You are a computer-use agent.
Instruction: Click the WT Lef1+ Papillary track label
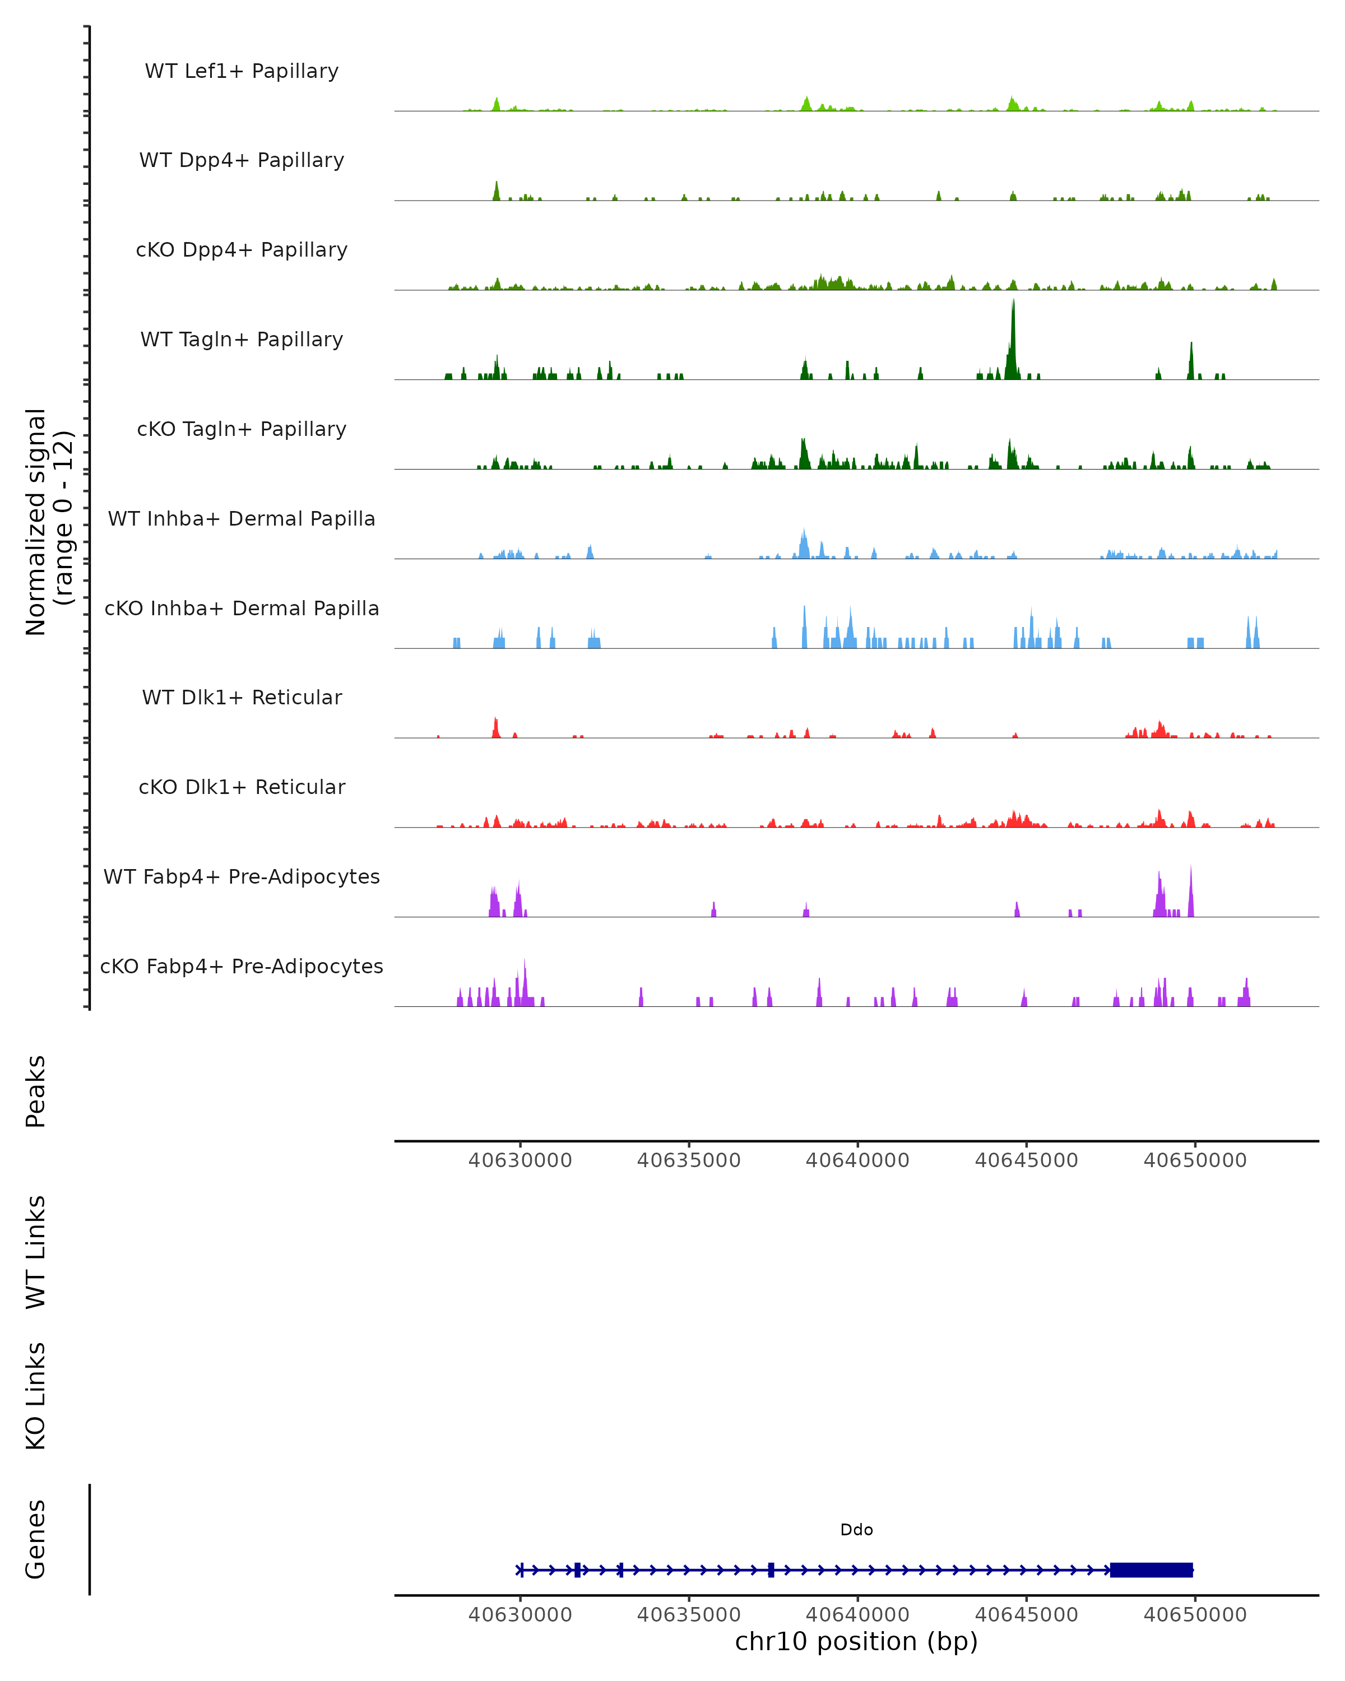tap(242, 71)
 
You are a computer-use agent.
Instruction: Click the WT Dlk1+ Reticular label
tap(242, 697)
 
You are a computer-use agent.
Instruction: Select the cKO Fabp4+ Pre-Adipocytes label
tap(242, 966)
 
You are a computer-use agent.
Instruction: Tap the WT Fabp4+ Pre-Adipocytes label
tap(242, 876)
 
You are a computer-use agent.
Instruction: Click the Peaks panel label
tap(35, 1091)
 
